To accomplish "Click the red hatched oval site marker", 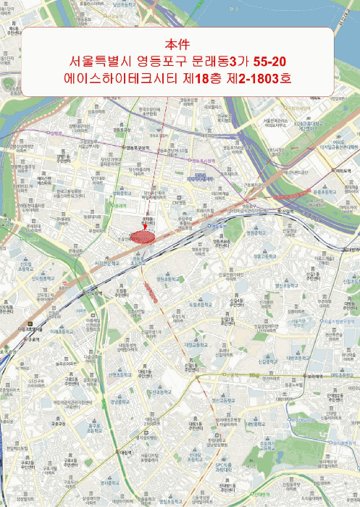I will coord(144,236).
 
